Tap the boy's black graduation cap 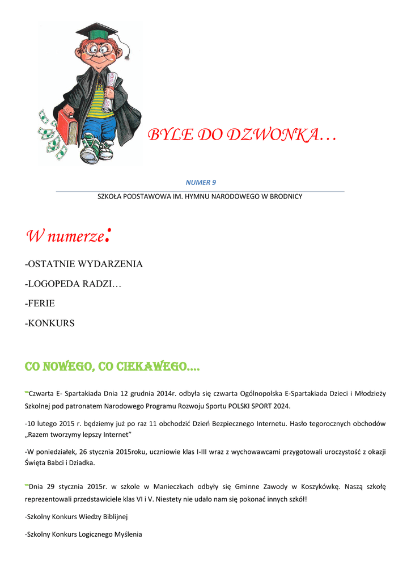click(x=97, y=31)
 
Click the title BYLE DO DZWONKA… click(x=241, y=135)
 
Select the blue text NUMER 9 click(x=201, y=182)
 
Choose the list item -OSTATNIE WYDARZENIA click(x=84, y=264)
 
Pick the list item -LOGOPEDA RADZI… click(x=73, y=284)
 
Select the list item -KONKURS click(x=50, y=323)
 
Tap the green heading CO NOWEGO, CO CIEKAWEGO click(x=112, y=368)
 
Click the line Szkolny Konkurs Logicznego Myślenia click(x=83, y=534)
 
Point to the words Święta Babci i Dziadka click(x=60, y=462)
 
